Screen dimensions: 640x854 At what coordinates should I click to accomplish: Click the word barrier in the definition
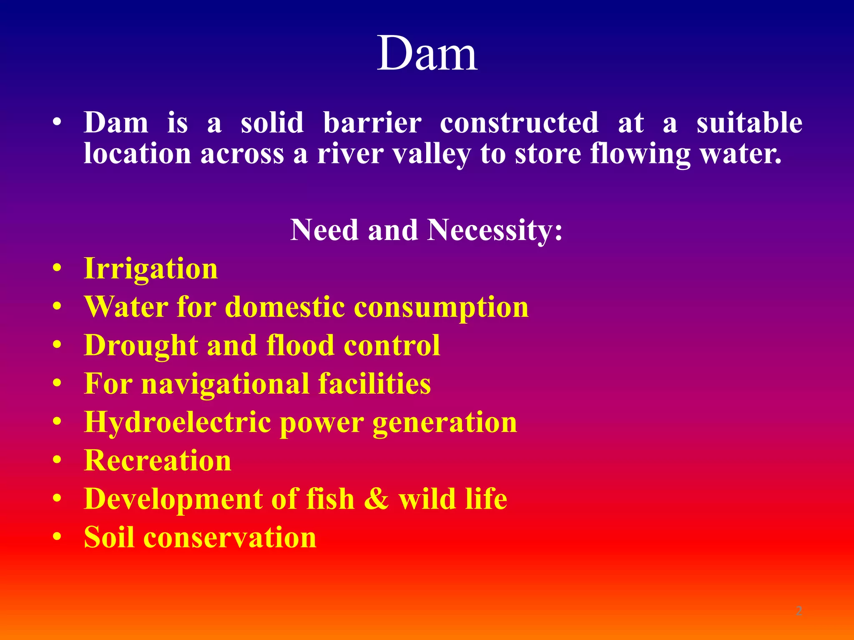click(372, 123)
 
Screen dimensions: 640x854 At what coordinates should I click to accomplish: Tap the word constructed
click(519, 123)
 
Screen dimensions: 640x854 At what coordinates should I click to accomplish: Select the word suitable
click(749, 123)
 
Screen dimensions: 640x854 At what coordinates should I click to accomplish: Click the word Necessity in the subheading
click(495, 230)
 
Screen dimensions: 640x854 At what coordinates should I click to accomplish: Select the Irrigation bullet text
click(151, 269)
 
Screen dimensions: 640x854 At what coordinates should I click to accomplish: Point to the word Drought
click(141, 346)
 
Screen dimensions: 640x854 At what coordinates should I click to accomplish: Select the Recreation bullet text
click(158, 461)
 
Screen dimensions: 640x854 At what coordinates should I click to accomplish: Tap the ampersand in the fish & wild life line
click(376, 499)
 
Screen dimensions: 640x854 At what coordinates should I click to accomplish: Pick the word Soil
click(109, 537)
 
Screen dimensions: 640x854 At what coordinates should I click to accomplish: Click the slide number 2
click(799, 611)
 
